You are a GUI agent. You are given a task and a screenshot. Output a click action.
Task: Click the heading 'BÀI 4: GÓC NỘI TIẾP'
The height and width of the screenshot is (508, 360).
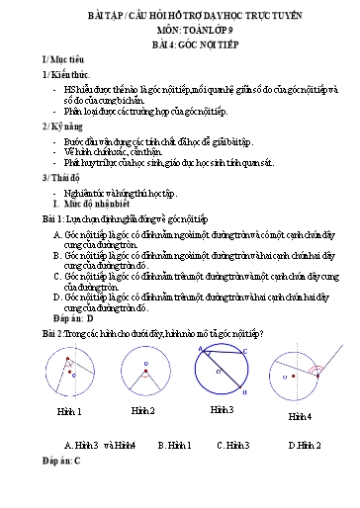click(x=180, y=47)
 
